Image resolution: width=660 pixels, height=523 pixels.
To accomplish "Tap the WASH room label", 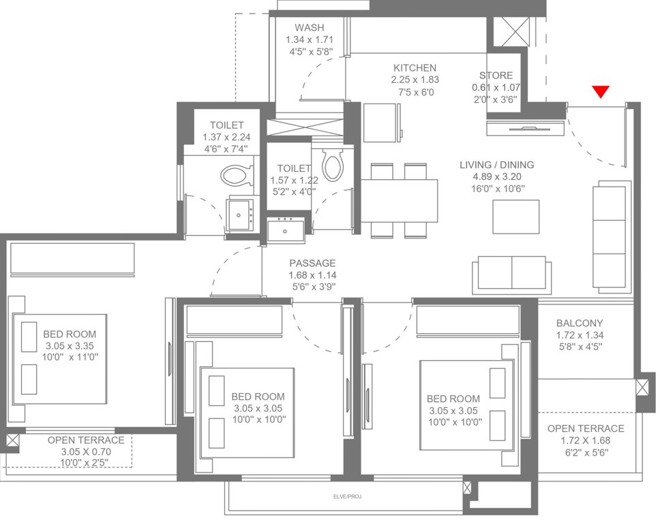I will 309,28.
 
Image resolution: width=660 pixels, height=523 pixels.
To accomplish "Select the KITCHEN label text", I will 415,68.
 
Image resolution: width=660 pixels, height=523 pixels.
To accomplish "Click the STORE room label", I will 496,76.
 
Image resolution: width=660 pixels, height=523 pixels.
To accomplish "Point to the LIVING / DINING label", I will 496,165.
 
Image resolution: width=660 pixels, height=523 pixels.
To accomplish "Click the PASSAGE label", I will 312,263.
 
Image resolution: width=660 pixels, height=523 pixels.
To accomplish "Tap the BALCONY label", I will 580,323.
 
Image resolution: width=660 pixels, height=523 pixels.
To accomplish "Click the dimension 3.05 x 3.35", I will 70,346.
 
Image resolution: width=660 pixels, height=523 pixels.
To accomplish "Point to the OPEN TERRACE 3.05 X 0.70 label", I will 86,441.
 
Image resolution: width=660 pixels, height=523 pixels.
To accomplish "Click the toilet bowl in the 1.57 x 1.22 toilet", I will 332,164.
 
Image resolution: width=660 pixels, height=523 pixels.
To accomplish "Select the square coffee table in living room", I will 516,217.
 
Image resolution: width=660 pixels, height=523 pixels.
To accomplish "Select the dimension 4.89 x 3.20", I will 496,177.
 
